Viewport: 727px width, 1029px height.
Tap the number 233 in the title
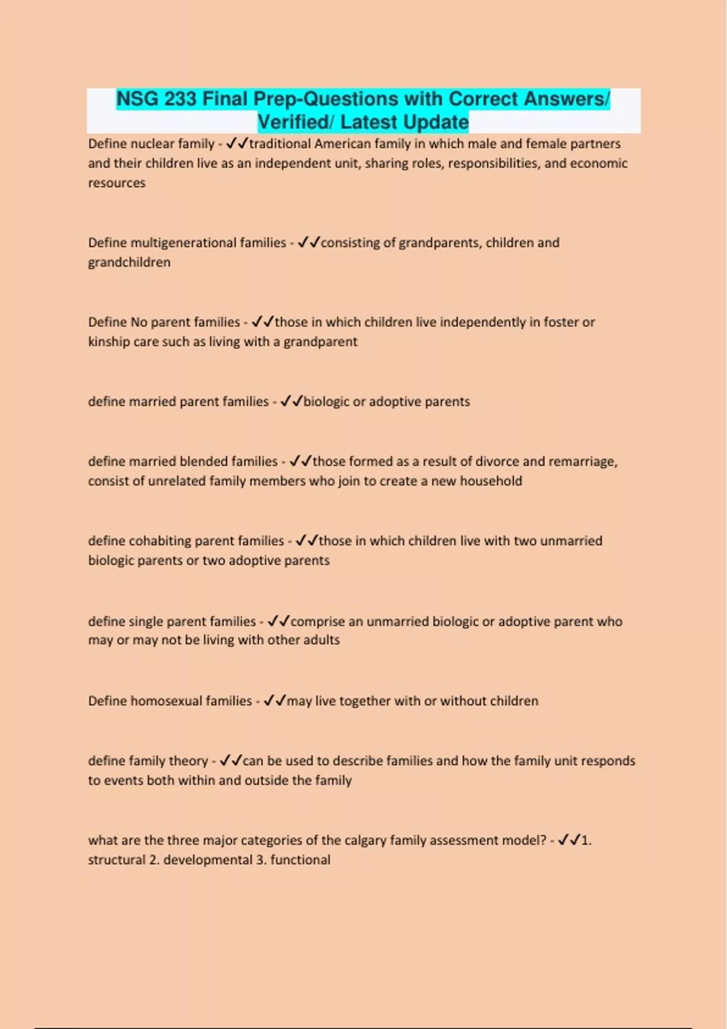[x=180, y=99]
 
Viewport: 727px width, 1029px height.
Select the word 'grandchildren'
[x=129, y=263]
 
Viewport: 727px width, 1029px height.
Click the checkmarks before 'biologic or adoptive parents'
[x=291, y=401]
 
